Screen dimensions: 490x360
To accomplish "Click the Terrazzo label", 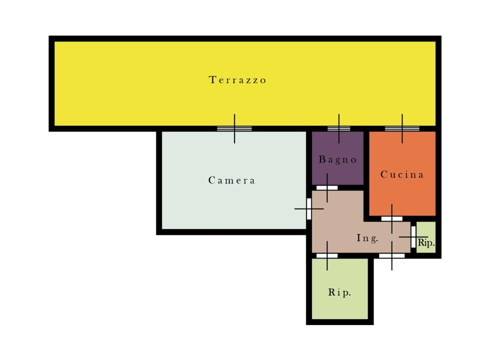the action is pos(237,80).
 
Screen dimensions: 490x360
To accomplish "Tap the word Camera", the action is pos(232,180).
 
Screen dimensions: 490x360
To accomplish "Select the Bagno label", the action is pos(338,160).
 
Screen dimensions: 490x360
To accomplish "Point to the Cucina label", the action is pos(402,174).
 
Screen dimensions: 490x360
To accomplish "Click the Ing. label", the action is pos(368,238).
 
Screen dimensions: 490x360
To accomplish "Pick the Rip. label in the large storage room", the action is pos(340,292).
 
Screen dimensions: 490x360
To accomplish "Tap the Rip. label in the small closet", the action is pos(426,242).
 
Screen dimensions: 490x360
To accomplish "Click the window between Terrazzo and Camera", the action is pos(234,128).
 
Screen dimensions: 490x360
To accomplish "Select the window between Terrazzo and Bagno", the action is pos(339,128).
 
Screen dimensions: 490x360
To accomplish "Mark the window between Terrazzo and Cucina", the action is pos(402,128).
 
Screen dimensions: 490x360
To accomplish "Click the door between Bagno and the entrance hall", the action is pos(327,187).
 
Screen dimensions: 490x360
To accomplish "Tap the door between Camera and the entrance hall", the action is pos(309,208).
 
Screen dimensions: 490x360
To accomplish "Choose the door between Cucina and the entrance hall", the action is pos(392,218).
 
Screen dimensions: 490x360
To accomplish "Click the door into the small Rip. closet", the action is pos(413,237).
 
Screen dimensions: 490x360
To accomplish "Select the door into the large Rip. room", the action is pos(327,255).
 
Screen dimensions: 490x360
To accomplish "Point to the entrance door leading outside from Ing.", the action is pos(392,255).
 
